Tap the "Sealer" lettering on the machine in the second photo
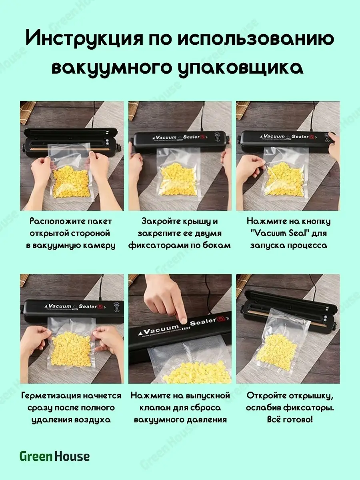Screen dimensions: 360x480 (192, 137)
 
